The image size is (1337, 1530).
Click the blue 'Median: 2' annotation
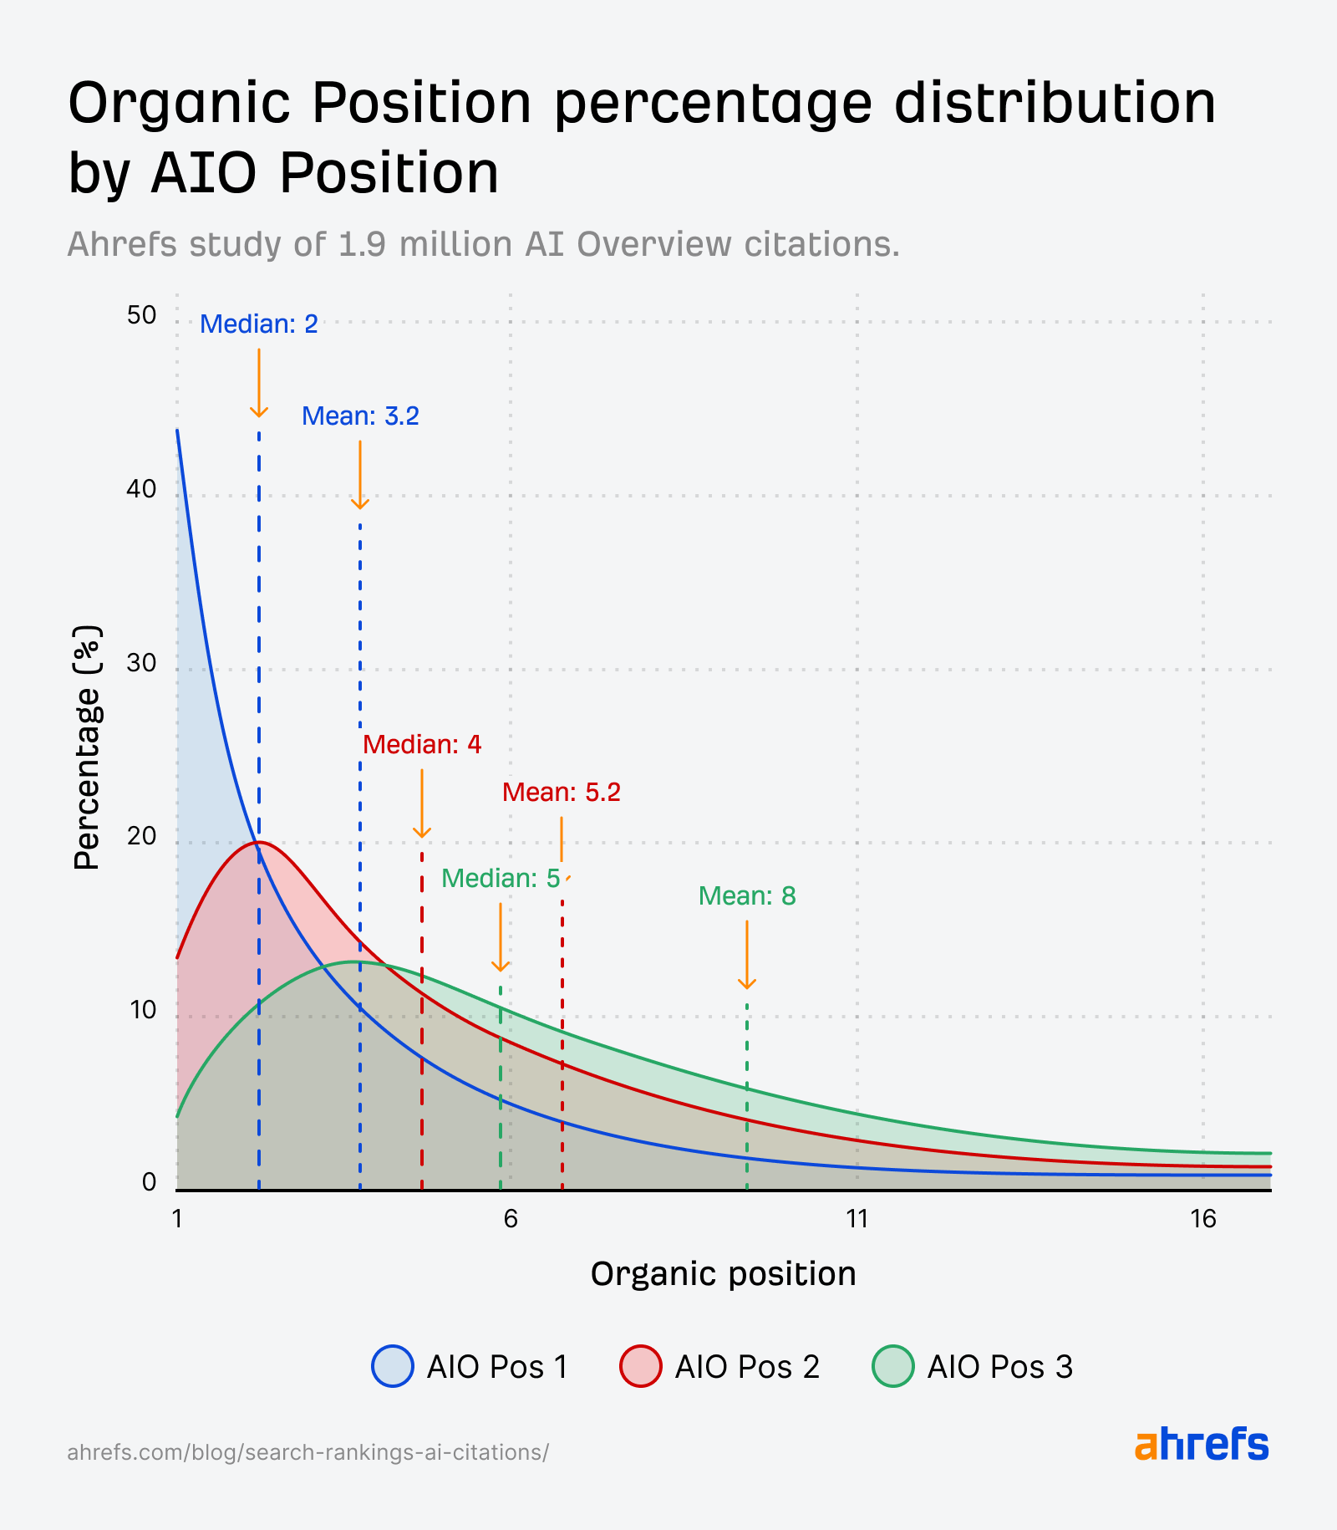tap(259, 324)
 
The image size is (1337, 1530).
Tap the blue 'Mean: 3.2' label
tap(360, 416)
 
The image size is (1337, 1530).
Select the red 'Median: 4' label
tap(422, 745)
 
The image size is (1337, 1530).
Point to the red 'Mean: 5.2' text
tap(562, 793)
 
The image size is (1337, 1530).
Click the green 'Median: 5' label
tap(501, 879)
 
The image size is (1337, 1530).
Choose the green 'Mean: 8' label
tap(747, 896)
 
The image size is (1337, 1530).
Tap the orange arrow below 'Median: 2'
tap(259, 383)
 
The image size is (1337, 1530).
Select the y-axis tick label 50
tap(142, 315)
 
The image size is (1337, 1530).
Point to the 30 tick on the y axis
tap(142, 663)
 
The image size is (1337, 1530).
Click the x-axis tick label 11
tap(857, 1219)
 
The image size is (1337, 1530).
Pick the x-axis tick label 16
tap(1203, 1219)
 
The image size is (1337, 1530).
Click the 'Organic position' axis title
tap(723, 1274)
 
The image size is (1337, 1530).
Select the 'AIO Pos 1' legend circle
tap(393, 1366)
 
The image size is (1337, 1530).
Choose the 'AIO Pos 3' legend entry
tap(974, 1366)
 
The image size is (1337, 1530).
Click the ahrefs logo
tap(1201, 1445)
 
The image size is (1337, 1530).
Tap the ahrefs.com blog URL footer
tap(308, 1451)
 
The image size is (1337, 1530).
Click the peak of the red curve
tap(259, 842)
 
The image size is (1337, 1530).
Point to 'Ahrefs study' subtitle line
tap(483, 244)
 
